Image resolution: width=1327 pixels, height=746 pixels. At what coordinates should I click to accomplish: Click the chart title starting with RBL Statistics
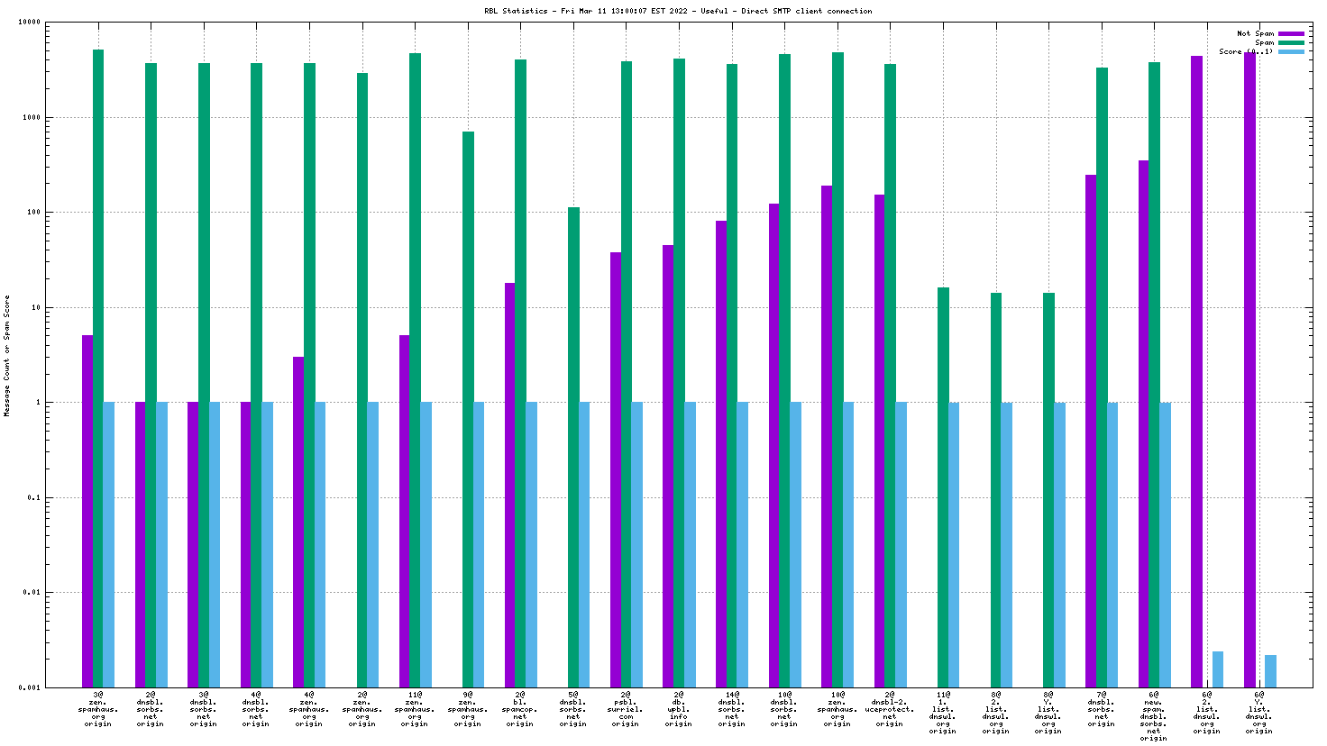pyautogui.click(x=678, y=11)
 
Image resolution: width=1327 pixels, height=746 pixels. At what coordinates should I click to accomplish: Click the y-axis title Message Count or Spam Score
pyautogui.click(x=7, y=356)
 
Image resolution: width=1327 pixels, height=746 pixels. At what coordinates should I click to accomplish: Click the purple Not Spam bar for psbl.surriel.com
pyautogui.click(x=616, y=469)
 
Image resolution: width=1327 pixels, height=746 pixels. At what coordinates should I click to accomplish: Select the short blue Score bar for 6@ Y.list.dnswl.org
pyautogui.click(x=1270, y=671)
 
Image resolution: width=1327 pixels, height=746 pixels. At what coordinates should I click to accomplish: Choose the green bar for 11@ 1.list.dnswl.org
pyautogui.click(x=943, y=487)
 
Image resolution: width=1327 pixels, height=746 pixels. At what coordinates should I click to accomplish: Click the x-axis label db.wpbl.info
pyautogui.click(x=678, y=709)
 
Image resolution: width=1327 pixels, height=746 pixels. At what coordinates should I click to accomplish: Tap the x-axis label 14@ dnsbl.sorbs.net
pyautogui.click(x=731, y=709)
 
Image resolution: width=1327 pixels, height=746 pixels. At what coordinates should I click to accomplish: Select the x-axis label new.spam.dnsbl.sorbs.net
pyautogui.click(x=1153, y=716)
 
